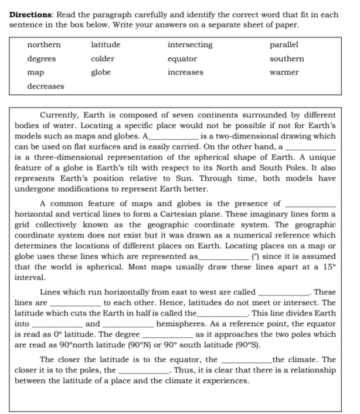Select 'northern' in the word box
click(43, 45)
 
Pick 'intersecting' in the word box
click(190, 45)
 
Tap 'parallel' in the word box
click(284, 45)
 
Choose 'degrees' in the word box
click(42, 59)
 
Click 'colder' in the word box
click(103, 59)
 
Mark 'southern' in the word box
click(287, 59)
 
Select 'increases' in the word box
click(185, 72)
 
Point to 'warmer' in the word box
click(284, 72)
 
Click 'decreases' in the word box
click(46, 86)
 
